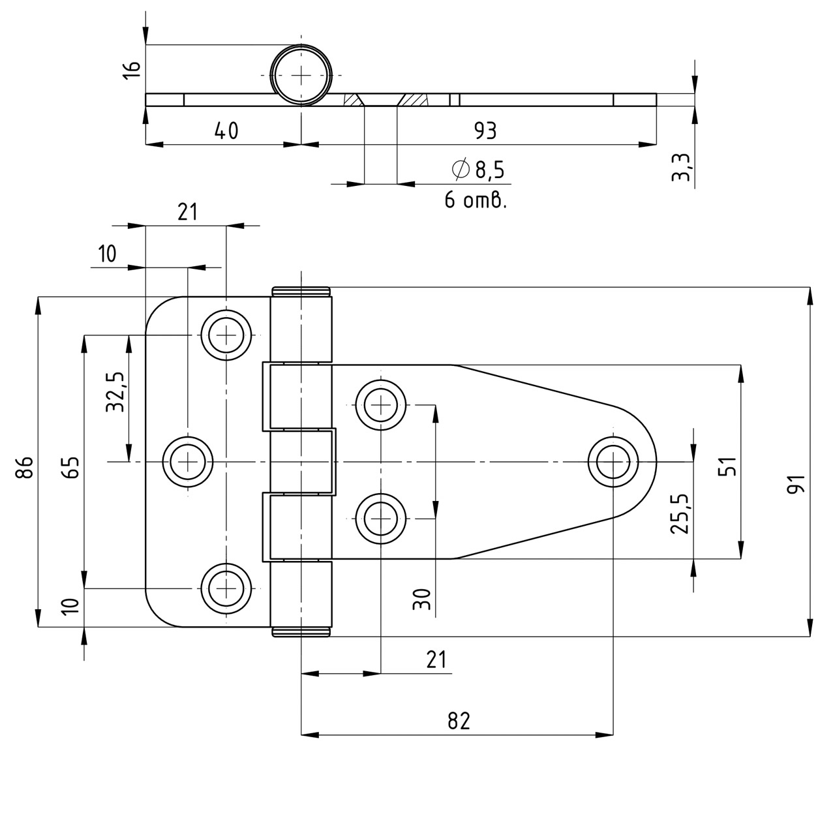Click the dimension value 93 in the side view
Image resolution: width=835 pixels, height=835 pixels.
pos(485,131)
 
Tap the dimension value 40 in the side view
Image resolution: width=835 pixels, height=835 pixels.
pos(226,131)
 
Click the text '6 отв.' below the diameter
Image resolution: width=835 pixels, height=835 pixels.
pos(476,200)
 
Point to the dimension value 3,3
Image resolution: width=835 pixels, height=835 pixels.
pos(680,168)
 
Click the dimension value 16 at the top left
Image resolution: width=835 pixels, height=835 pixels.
pos(131,70)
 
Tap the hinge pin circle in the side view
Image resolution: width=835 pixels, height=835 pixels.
pos(301,75)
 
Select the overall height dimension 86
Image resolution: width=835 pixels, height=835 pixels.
pos(24,467)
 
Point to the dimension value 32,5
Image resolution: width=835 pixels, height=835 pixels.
pos(116,392)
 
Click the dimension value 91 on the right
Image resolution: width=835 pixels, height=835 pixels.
pos(797,484)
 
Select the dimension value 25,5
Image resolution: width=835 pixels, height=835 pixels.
pos(680,514)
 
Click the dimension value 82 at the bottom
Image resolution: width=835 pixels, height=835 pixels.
pos(459,721)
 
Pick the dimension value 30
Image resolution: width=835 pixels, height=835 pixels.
pos(422,599)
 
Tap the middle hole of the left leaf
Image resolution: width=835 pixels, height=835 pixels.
pos(188,462)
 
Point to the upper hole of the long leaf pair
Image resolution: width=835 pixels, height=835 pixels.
pos(380,405)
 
